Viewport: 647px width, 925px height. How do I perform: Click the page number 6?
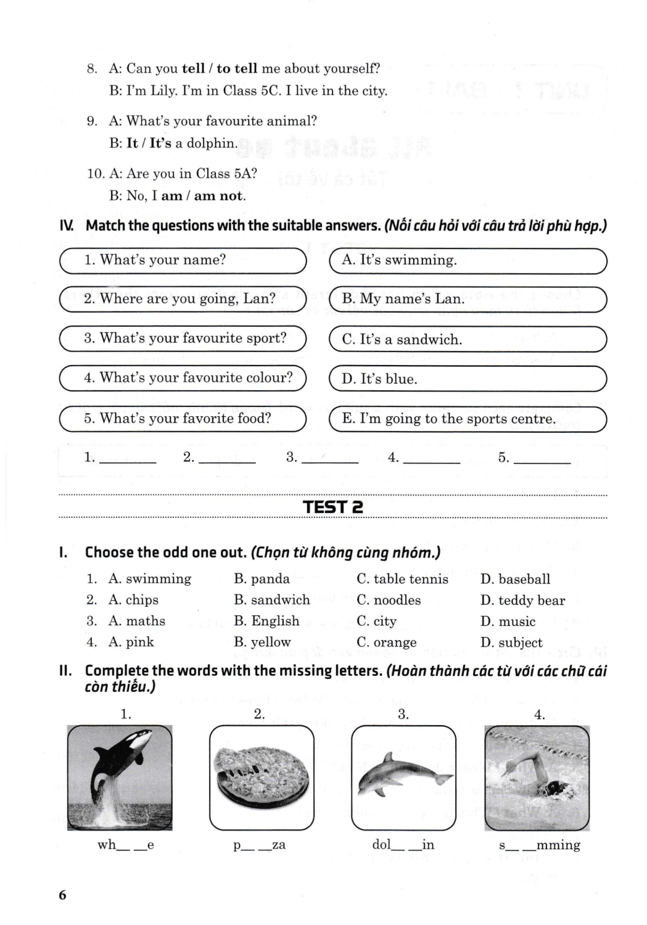click(62, 895)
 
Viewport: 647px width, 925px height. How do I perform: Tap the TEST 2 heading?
click(332, 507)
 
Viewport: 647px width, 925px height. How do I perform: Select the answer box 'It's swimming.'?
click(468, 260)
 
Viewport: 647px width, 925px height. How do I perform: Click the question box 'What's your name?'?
click(183, 260)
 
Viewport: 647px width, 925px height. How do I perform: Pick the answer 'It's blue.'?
click(468, 379)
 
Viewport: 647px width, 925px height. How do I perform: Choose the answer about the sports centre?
click(468, 419)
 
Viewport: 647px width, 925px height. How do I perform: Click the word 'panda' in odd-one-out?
click(262, 578)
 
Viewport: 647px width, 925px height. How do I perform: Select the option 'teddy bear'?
click(531, 600)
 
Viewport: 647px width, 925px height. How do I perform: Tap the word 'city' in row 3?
click(384, 621)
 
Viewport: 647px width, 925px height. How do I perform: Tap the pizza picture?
click(262, 777)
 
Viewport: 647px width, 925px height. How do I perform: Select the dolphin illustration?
click(403, 777)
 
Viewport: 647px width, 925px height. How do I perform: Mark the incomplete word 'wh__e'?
click(125, 845)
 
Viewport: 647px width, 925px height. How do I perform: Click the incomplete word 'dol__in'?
click(403, 845)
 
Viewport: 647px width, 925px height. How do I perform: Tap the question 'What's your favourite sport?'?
click(183, 338)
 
